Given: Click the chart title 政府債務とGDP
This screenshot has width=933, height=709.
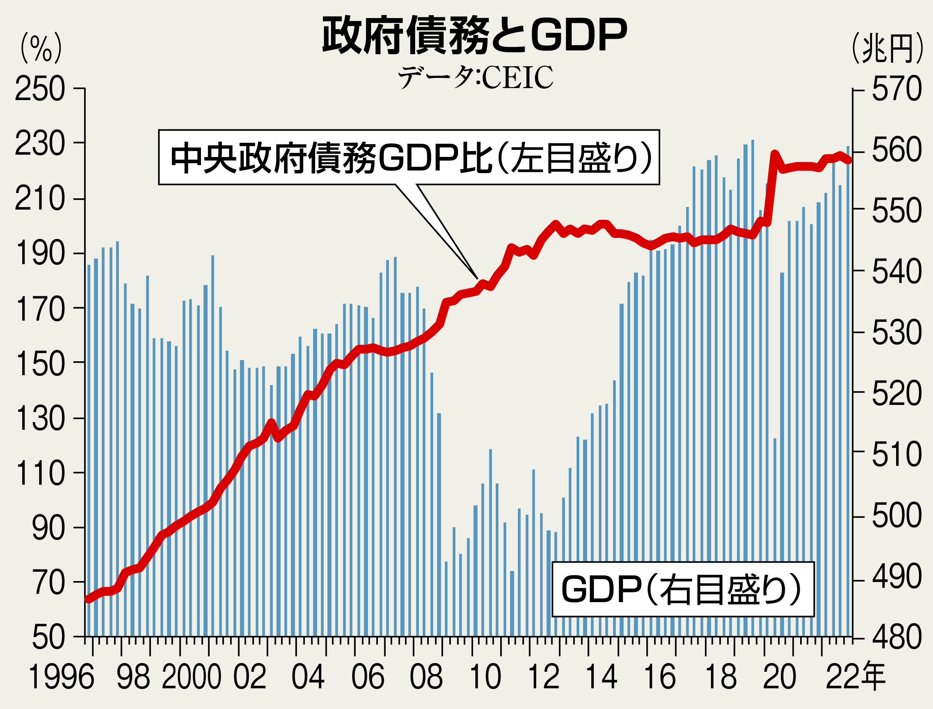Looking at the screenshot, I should (x=474, y=35).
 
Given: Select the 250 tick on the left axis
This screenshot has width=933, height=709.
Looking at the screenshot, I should (x=40, y=89).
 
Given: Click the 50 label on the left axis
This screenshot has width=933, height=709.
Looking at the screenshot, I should (x=49, y=637).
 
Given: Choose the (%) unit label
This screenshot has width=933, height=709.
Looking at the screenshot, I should (x=41, y=49).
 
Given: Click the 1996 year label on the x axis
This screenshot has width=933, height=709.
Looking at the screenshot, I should (x=61, y=677).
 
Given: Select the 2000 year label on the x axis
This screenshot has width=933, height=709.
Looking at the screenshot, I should (x=191, y=677).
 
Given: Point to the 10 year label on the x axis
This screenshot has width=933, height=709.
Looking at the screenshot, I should (x=485, y=677).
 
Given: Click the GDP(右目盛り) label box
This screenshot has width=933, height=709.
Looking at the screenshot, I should (x=682, y=589).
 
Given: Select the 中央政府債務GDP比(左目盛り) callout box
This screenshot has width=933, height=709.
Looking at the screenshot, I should (x=408, y=157).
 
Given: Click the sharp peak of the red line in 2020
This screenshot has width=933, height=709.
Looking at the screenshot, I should (x=774, y=154).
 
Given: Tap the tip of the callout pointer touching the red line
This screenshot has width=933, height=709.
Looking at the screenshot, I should (x=478, y=279).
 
